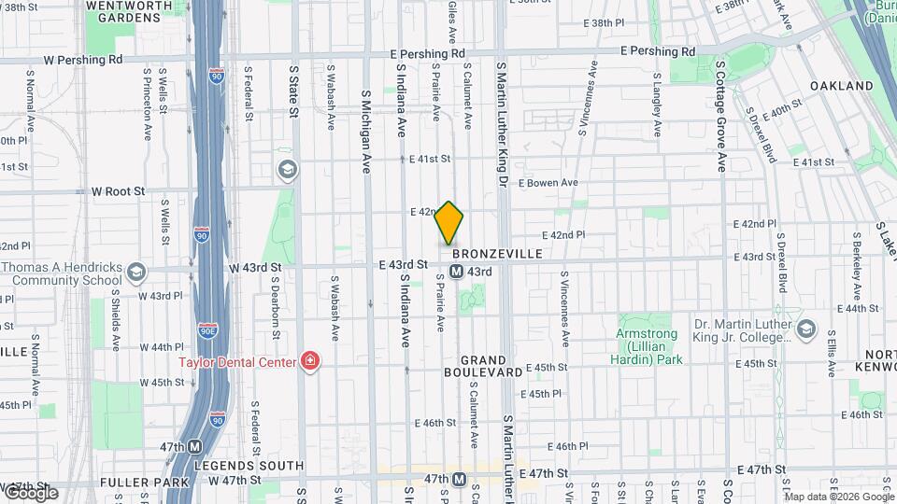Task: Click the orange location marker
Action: tap(449, 222)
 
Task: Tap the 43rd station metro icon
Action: tap(456, 272)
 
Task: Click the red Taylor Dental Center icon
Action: tap(309, 361)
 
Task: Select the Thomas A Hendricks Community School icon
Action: tap(137, 273)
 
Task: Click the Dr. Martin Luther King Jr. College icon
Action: tap(806, 330)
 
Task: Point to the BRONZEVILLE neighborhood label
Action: tap(497, 254)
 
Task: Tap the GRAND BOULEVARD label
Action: tap(496, 365)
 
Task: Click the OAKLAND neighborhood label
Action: tap(841, 86)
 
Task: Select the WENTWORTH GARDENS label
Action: tap(123, 11)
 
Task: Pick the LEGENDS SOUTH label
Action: tap(249, 465)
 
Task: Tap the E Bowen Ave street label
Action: tap(548, 183)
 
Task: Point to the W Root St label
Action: tap(119, 190)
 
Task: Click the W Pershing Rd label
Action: tap(76, 59)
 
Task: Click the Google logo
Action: tap(30, 492)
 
